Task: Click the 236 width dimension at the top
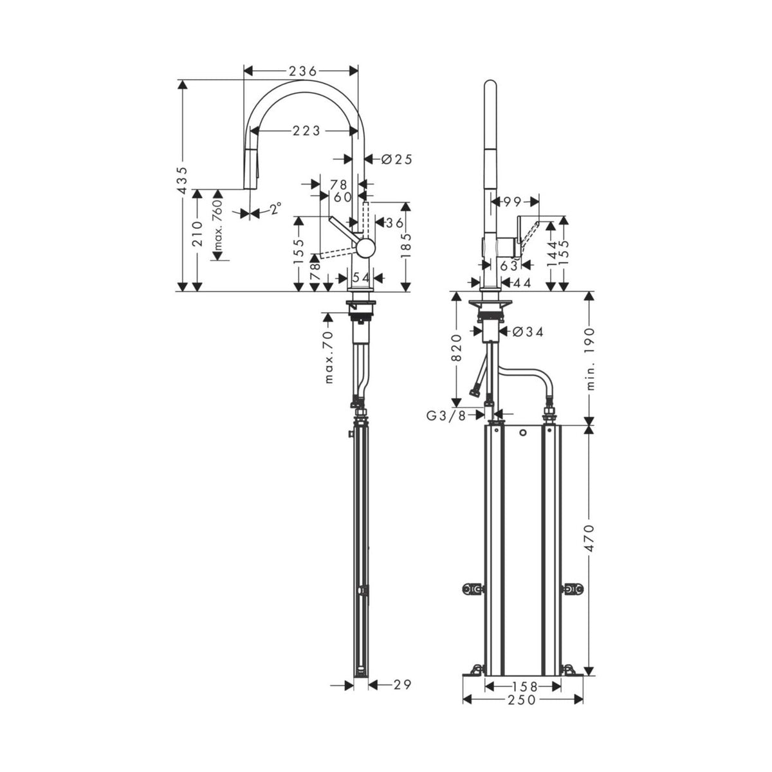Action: click(x=300, y=71)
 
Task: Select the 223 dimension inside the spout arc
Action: click(x=306, y=131)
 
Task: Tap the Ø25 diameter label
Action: click(x=396, y=159)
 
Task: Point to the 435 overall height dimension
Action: click(x=183, y=181)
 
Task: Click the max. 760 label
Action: click(x=218, y=226)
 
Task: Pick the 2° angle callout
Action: click(x=275, y=208)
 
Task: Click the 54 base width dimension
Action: click(x=361, y=277)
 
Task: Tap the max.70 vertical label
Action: click(x=329, y=357)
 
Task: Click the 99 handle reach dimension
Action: click(x=512, y=203)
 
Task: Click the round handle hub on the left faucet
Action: click(x=366, y=248)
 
